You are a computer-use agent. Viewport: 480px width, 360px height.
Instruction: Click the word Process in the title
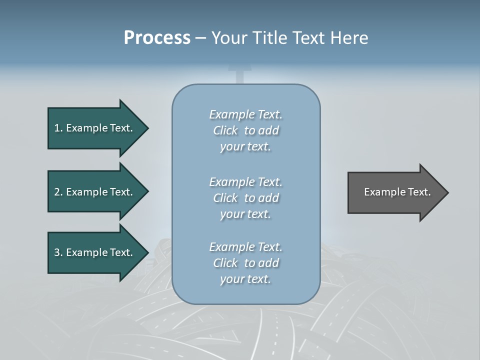coord(157,38)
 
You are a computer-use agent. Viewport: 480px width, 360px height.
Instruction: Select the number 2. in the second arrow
coord(58,192)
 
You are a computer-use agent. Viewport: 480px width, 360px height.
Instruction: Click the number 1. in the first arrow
coord(58,128)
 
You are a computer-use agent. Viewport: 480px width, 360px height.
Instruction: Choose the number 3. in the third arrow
coord(58,252)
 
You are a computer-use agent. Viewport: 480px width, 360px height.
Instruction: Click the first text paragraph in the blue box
coord(245,130)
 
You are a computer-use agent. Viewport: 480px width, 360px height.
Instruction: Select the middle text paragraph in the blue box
coord(245,198)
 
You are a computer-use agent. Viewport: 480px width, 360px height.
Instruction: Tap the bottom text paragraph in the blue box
coord(245,263)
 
